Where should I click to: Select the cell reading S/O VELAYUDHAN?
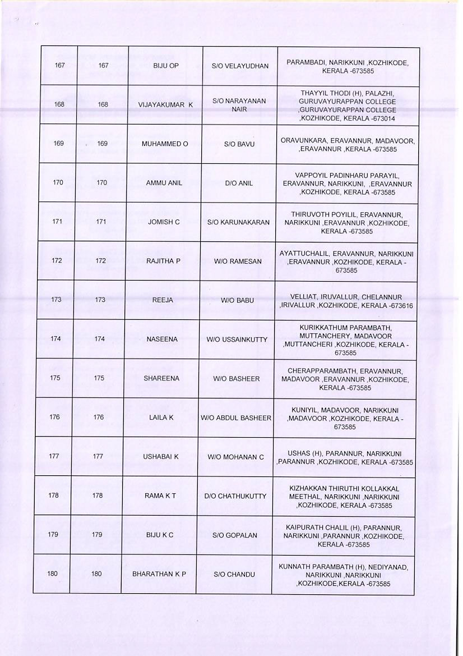tap(240, 66)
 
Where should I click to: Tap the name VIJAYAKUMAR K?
tap(165, 105)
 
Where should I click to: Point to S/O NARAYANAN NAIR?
tap(239, 105)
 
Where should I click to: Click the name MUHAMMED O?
tap(164, 144)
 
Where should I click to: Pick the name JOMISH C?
tap(164, 222)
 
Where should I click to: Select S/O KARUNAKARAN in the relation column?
tap(238, 222)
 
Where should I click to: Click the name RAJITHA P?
tap(163, 260)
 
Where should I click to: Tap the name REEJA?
tap(163, 300)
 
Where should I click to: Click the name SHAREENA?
tap(161, 378)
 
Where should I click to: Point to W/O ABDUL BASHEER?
tap(236, 418)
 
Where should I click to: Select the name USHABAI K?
tap(160, 456)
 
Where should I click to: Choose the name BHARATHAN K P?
tap(159, 574)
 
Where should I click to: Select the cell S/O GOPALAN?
tap(235, 535)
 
